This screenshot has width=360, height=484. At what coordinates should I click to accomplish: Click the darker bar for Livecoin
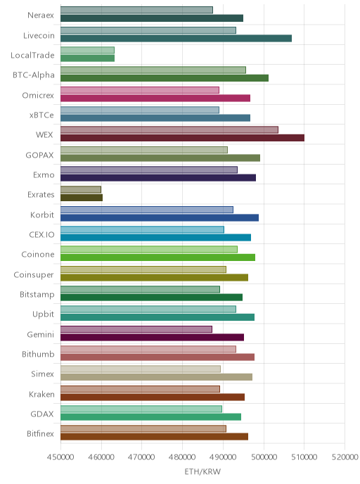tap(176, 38)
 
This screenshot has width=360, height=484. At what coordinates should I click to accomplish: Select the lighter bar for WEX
tap(169, 129)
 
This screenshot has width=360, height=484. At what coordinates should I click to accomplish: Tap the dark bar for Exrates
tap(82, 198)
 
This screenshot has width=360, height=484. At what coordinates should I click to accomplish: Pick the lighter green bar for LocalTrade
tap(87, 50)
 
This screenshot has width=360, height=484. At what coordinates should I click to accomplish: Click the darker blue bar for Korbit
tap(160, 217)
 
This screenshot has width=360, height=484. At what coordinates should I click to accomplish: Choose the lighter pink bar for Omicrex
tap(140, 90)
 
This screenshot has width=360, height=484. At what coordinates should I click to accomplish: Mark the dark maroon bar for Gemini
tap(152, 337)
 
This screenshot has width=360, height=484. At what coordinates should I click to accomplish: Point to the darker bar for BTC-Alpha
tap(165, 78)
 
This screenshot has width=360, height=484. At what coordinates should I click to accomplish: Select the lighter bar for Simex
tap(141, 369)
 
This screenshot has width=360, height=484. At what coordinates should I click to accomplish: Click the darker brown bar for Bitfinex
tap(154, 436)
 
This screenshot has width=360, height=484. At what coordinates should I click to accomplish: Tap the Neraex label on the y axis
tap(41, 15)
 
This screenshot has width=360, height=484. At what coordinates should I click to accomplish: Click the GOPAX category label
tap(39, 155)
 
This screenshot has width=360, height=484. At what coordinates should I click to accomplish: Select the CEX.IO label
tap(41, 234)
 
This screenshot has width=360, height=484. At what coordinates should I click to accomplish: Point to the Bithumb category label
tap(38, 354)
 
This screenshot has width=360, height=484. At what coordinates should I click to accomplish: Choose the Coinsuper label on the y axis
tap(34, 275)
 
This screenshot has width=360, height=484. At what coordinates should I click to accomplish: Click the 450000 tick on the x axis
tap(60, 457)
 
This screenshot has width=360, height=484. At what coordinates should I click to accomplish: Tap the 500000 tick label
tap(264, 457)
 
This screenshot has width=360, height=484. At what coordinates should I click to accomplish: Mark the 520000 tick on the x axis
tap(345, 457)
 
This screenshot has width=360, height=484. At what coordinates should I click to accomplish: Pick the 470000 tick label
tap(141, 457)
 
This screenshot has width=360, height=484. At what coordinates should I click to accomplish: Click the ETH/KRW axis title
tap(202, 471)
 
